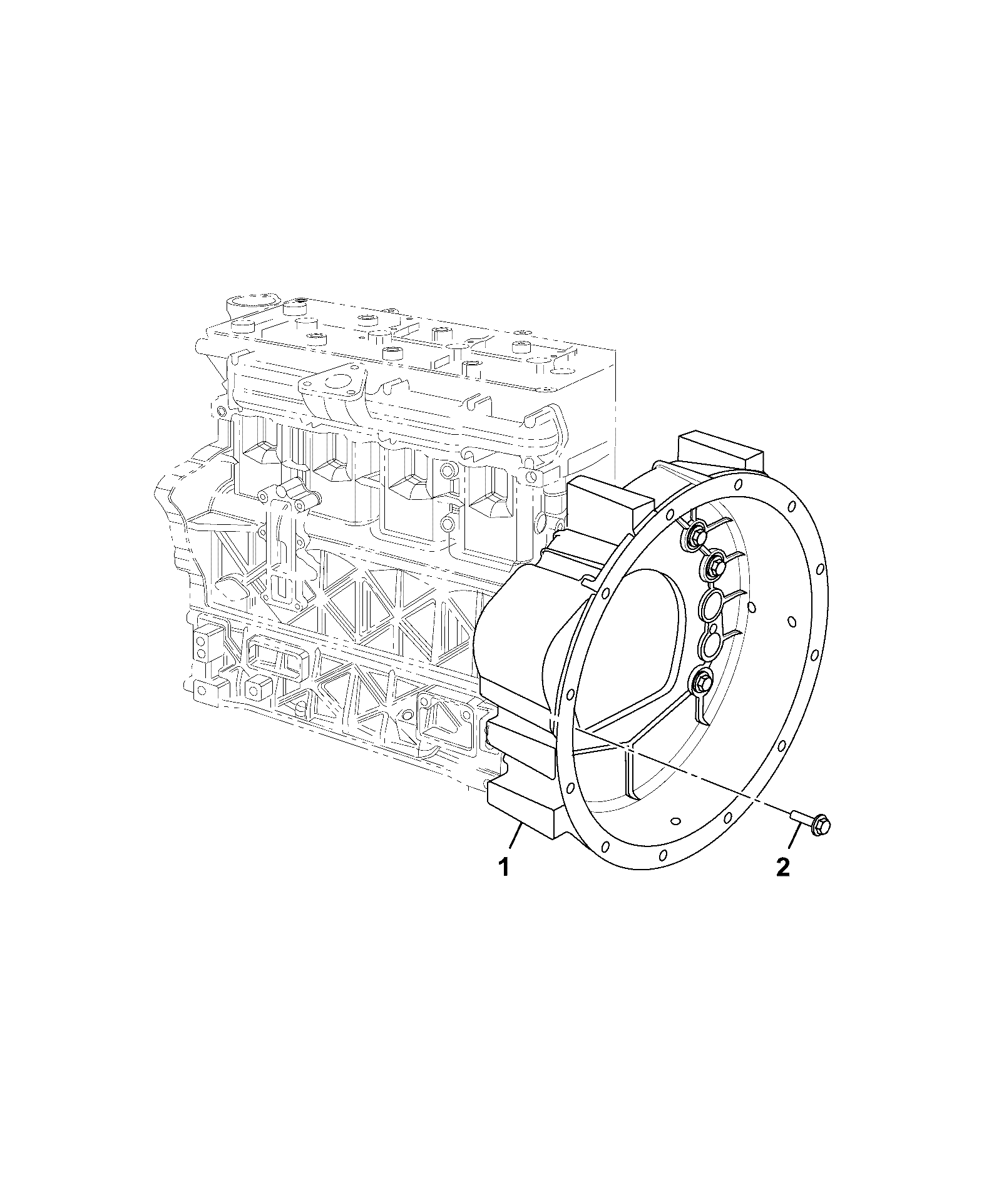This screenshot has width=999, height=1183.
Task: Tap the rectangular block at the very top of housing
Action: click(720, 453)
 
